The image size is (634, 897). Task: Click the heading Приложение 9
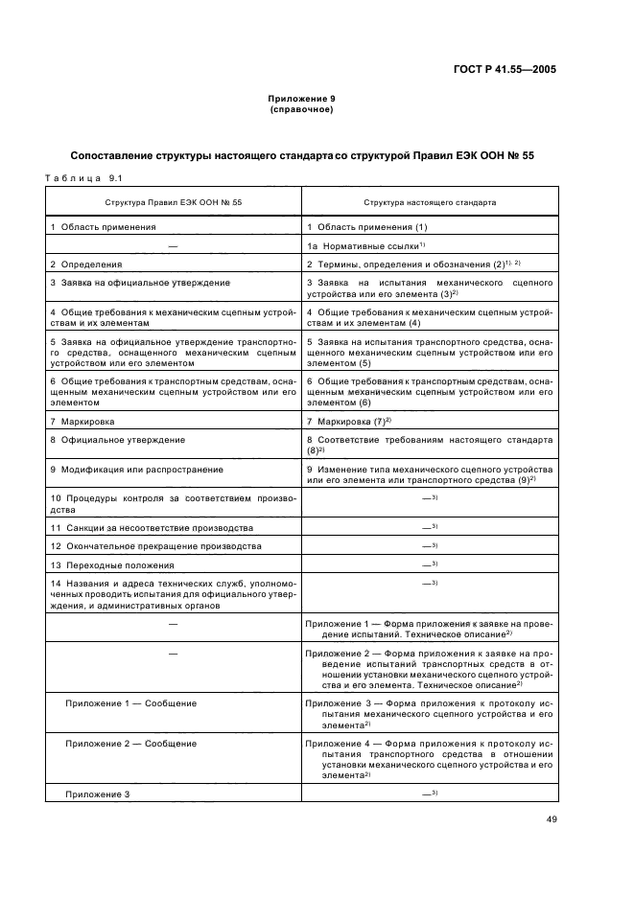pyautogui.click(x=300, y=100)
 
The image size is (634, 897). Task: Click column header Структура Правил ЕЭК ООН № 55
pyautogui.click(x=173, y=203)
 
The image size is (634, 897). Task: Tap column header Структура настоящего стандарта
pyautogui.click(x=429, y=203)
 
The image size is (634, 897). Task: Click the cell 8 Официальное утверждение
pyautogui.click(x=118, y=440)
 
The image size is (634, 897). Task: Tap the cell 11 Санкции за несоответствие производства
pyautogui.click(x=152, y=528)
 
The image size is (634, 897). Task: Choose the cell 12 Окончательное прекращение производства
pyautogui.click(x=155, y=546)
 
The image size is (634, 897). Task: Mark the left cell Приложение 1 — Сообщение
pyautogui.click(x=130, y=702)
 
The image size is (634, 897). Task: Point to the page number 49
pyautogui.click(x=551, y=818)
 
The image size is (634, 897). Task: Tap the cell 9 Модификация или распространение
pyautogui.click(x=136, y=470)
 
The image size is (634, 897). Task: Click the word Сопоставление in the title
pyautogui.click(x=116, y=156)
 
